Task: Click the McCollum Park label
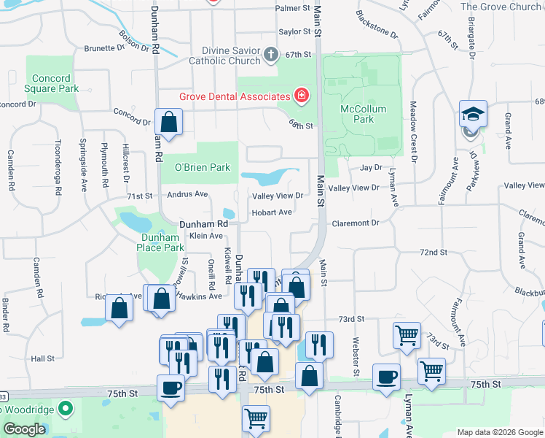[357, 114]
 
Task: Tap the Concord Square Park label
[52, 84]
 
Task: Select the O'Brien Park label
[202, 167]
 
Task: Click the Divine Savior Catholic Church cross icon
[270, 53]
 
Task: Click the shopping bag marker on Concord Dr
[168, 123]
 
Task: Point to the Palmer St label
[292, 9]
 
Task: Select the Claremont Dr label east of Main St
[355, 223]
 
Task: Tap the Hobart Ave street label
[272, 212]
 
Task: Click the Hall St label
[42, 358]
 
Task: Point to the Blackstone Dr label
[377, 24]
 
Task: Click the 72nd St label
[433, 252]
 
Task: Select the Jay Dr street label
[371, 167]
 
